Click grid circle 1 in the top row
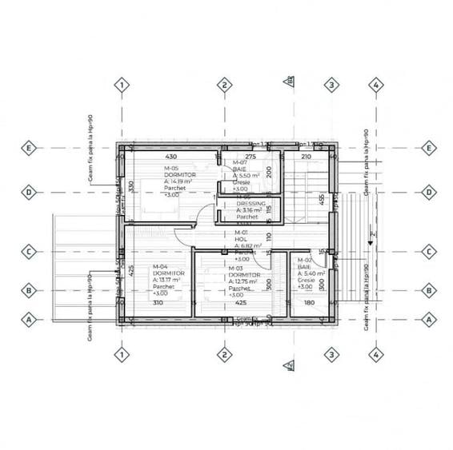pyautogui.click(x=120, y=85)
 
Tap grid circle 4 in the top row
pyautogui.click(x=375, y=85)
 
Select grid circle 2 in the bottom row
pyautogui.click(x=225, y=354)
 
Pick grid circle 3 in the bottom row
pyautogui.click(x=331, y=354)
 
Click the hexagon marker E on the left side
pyautogui.click(x=30, y=148)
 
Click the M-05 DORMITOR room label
pyautogui.click(x=180, y=175)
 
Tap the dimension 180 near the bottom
pyautogui.click(x=309, y=304)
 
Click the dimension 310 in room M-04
pyautogui.click(x=157, y=304)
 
